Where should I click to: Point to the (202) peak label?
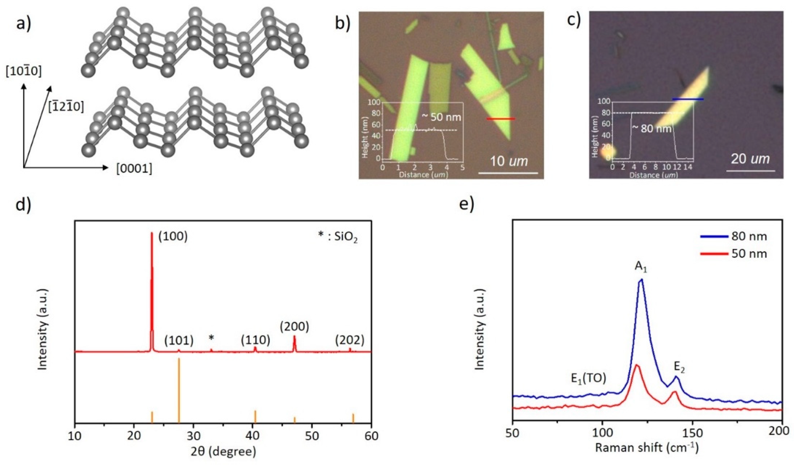350,340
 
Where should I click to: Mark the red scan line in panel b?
501,119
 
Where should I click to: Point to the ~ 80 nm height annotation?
652,128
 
